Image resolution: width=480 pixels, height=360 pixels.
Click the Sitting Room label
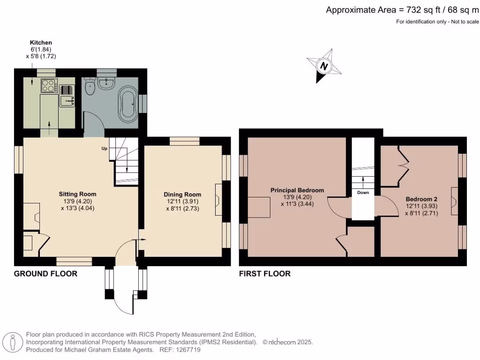(77, 194)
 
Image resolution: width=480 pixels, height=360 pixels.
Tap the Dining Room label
(182, 195)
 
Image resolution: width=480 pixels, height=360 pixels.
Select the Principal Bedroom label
(297, 190)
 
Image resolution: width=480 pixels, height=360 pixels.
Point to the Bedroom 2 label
(421, 199)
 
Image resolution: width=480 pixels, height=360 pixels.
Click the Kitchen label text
(41, 43)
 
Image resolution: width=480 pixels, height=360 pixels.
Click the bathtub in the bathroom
(128, 103)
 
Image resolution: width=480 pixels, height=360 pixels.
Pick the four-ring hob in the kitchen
(49, 85)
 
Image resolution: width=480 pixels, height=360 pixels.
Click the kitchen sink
(67, 101)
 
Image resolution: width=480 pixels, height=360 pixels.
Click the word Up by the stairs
(105, 149)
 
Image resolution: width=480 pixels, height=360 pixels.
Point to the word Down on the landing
(363, 193)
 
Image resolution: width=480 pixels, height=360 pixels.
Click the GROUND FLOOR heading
(45, 274)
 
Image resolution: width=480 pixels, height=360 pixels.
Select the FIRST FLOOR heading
(265, 274)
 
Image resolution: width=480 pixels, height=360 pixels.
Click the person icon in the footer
(13, 342)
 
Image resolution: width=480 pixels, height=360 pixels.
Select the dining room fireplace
(218, 200)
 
